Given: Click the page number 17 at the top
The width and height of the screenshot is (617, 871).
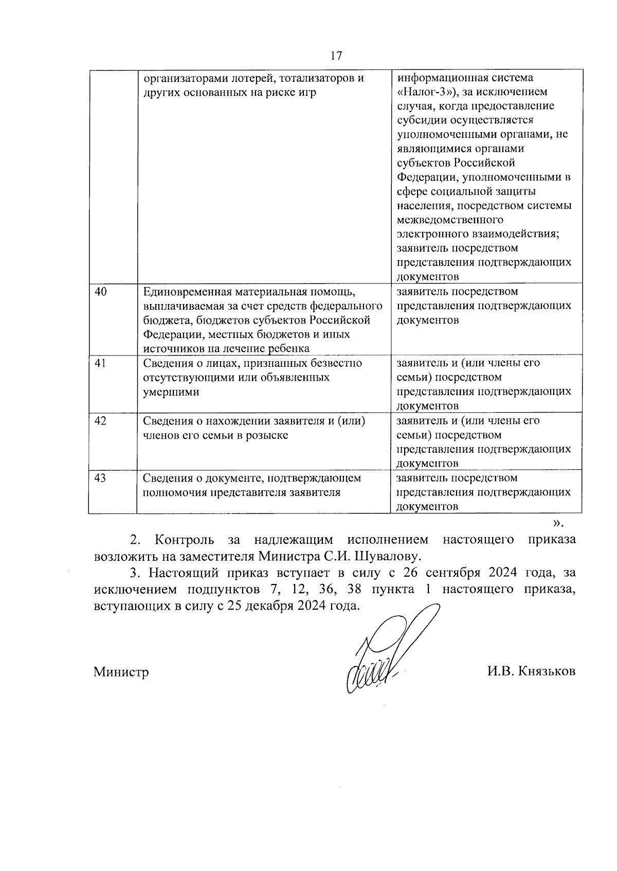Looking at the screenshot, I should (x=336, y=56).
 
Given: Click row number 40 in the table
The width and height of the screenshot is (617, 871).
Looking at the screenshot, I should (x=101, y=292).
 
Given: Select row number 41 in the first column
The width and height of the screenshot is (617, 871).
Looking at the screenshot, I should (x=101, y=363).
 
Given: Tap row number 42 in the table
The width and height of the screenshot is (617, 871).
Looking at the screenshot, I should (x=101, y=421).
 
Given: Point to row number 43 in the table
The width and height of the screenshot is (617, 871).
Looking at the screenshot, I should (x=101, y=478).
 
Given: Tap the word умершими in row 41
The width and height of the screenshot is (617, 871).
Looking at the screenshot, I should (x=170, y=392).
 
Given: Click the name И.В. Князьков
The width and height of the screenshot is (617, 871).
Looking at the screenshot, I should (x=532, y=672).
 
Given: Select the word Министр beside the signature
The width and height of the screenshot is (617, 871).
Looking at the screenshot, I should (x=121, y=672).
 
